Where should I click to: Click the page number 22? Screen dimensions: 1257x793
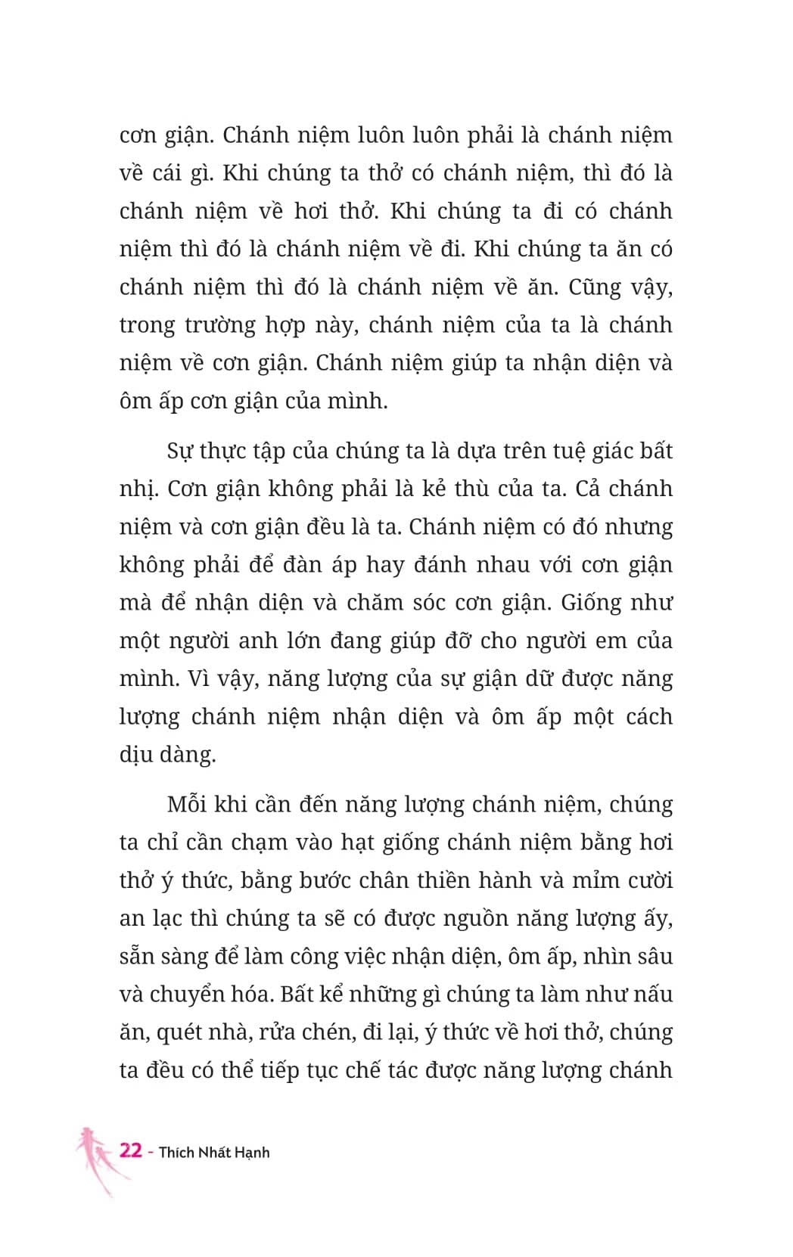coord(131,1150)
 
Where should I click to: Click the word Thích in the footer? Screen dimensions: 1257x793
coord(176,1153)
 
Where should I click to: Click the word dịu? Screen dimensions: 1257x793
coord(136,755)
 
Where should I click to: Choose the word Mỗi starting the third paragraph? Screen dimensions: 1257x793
coord(187,805)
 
